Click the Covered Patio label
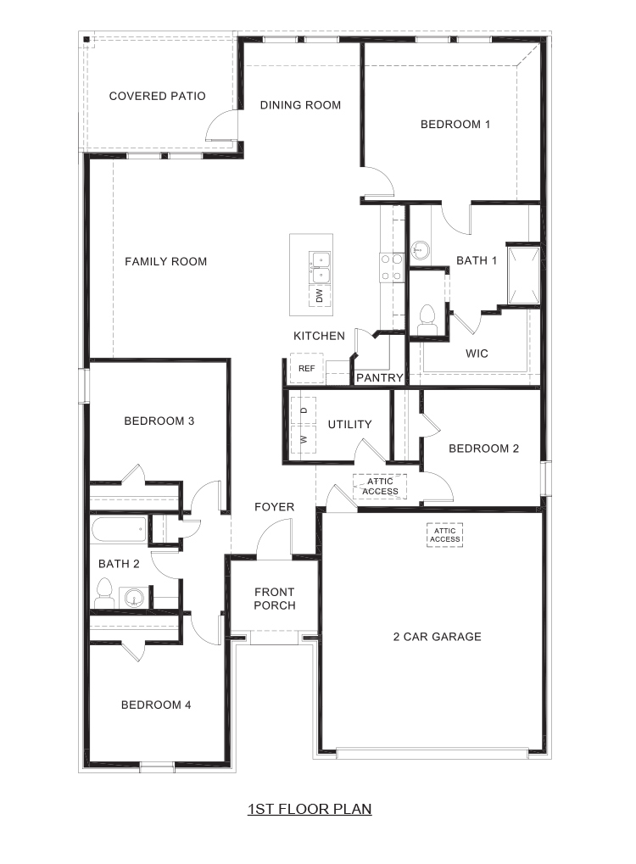157,96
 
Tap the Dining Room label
300,105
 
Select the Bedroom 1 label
455,124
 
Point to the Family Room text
165,261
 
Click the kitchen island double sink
320,265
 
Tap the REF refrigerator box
306,368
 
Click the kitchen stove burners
391,267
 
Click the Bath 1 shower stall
523,274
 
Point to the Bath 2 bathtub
119,531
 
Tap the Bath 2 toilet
105,589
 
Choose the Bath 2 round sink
134,598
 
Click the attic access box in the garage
444,535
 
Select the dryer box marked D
303,410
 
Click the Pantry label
378,377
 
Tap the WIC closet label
477,353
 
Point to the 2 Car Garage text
436,637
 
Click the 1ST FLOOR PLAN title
310,809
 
